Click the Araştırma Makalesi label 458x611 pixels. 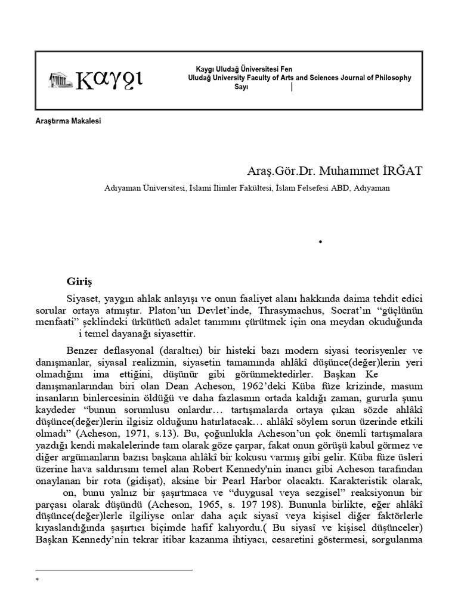(69, 121)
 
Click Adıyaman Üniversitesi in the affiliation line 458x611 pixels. (143, 187)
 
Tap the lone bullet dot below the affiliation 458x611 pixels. (320, 242)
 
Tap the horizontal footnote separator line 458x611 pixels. (114, 570)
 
